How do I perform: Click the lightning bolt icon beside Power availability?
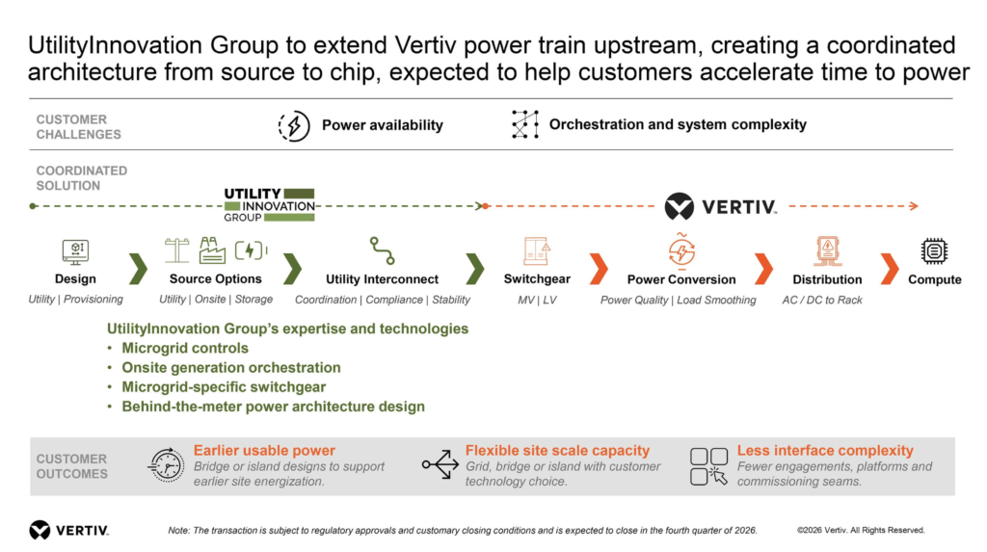pos(294,125)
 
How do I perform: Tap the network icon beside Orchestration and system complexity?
pos(525,124)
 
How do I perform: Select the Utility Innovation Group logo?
pos(270,205)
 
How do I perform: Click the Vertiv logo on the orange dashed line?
pos(721,206)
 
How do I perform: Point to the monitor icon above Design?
pos(75,251)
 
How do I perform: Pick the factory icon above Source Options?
pos(212,250)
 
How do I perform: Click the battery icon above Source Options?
pos(251,250)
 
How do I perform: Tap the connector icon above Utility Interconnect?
pos(382,250)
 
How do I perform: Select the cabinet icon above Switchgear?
pos(537,250)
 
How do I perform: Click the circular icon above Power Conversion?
pos(681,251)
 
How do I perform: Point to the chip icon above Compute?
pos(934,251)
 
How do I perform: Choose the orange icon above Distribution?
pos(827,251)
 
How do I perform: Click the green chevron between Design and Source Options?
pos(139,269)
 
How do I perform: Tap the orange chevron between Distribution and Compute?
pos(890,269)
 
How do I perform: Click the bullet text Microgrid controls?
pos(185,348)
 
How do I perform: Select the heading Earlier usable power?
pos(264,451)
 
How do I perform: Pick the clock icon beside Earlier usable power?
pos(166,465)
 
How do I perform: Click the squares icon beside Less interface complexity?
pos(708,466)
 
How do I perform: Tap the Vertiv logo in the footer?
pos(69,530)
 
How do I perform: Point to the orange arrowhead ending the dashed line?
pos(914,206)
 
